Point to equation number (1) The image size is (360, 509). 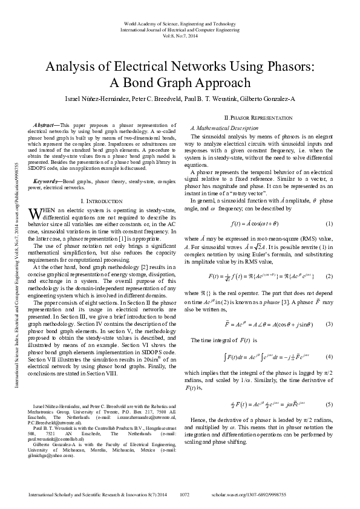329,224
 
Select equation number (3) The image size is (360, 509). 329,323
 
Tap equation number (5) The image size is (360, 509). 329,404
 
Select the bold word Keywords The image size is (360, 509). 47,181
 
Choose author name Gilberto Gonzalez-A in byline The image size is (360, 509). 266,99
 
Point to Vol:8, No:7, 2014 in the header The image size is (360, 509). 180,36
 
